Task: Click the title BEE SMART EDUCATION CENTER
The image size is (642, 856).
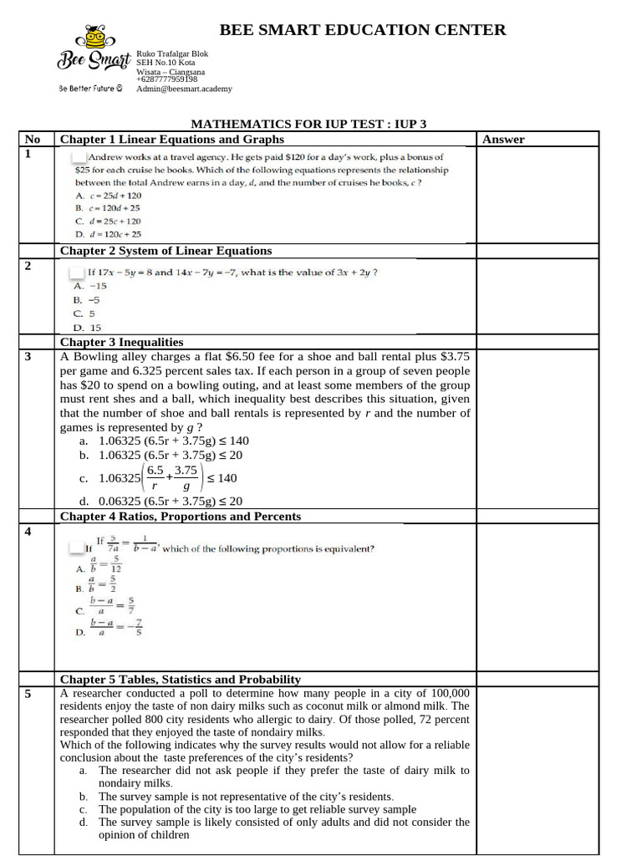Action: pyautogui.click(x=362, y=30)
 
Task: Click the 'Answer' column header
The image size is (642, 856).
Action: pyautogui.click(x=503, y=140)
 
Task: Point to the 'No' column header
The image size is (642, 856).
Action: pyautogui.click(x=33, y=140)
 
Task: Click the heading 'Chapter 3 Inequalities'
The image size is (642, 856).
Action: pyautogui.click(x=121, y=342)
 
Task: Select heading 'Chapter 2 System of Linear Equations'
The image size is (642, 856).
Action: pyautogui.click(x=166, y=251)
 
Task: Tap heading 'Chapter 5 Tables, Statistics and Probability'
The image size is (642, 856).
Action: pyautogui.click(x=180, y=680)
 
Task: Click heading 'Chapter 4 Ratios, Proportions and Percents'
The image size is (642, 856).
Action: pyautogui.click(x=180, y=517)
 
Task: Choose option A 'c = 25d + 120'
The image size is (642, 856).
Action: pyautogui.click(x=103, y=195)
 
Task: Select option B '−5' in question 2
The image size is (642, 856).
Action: pyautogui.click(x=87, y=298)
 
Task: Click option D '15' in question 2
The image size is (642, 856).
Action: pyautogui.click(x=87, y=328)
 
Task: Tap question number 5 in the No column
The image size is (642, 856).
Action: pyautogui.click(x=28, y=695)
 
